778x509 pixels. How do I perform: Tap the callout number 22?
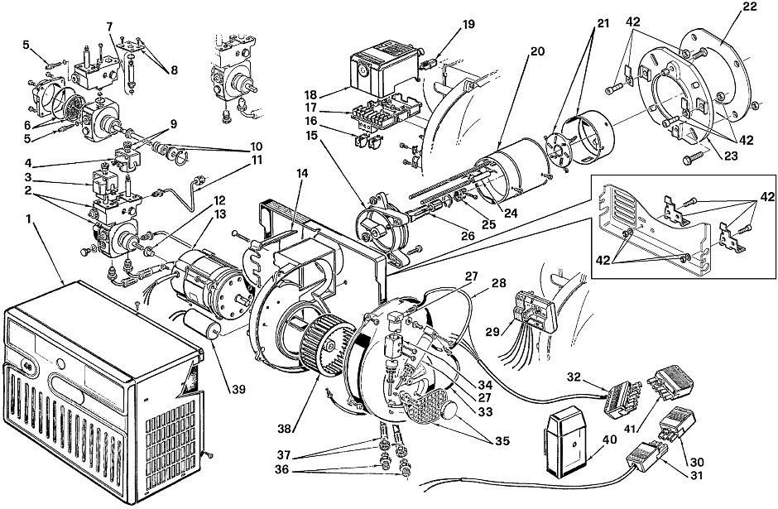pos(750,7)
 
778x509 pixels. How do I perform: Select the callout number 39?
pos(238,390)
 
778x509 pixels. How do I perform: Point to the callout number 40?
pos(610,439)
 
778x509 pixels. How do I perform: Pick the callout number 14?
pos(302,173)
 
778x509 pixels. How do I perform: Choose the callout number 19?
pos(468,24)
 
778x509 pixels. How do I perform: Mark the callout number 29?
pos(492,332)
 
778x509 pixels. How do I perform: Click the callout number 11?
pos(257,161)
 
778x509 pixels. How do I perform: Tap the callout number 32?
pos(574,377)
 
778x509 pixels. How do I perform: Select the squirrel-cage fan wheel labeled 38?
pos(325,343)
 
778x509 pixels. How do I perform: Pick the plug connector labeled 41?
pos(670,385)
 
